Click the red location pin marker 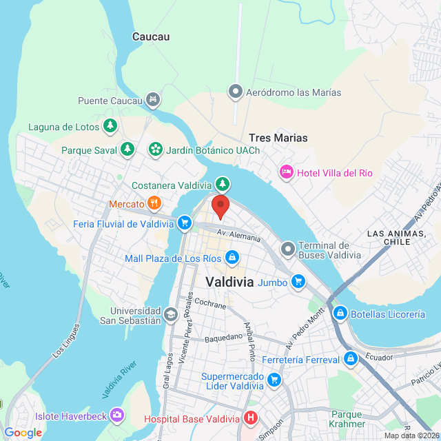[x=220, y=205]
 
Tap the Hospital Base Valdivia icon [x=250, y=418]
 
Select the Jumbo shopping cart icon [x=298, y=280]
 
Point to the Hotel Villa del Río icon [x=286, y=172]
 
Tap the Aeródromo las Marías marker [x=236, y=92]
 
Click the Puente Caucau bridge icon [x=153, y=101]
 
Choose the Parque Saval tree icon [x=127, y=149]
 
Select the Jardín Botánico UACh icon [x=156, y=149]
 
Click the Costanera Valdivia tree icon [x=222, y=183]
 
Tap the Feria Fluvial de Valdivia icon [x=184, y=223]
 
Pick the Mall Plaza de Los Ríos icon [x=232, y=258]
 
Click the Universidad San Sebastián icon [x=170, y=315]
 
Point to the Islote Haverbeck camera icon [x=117, y=415]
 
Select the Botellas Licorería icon [x=340, y=314]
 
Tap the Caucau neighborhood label [x=151, y=37]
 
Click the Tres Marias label [x=278, y=138]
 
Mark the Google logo [x=23, y=433]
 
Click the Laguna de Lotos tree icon [x=110, y=126]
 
